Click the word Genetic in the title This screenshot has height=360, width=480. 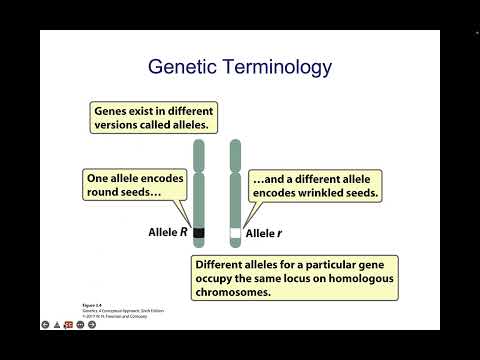(x=182, y=68)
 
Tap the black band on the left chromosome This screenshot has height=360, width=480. (x=199, y=233)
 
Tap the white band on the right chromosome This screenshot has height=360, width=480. (x=236, y=233)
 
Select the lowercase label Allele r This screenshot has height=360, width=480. (x=265, y=233)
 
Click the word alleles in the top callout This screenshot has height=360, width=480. (x=191, y=125)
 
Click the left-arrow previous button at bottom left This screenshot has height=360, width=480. (x=46, y=325)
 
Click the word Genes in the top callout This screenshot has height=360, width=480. (x=114, y=111)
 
